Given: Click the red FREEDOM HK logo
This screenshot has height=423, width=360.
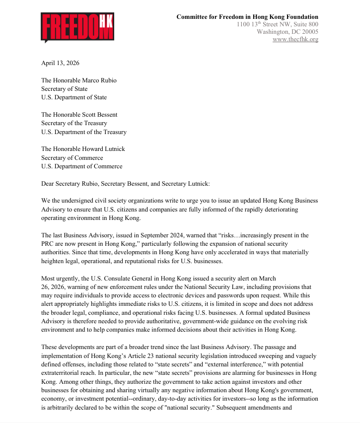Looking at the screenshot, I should pyautogui.click(x=77, y=28).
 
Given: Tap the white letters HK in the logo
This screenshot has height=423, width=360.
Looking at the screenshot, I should pyautogui.click(x=106, y=20).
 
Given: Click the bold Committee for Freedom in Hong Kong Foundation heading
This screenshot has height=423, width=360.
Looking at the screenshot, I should pyautogui.click(x=247, y=17).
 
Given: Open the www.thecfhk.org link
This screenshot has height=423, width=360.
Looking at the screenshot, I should pyautogui.click(x=295, y=39).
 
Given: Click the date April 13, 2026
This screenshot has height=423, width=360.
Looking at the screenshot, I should pyautogui.click(x=60, y=63).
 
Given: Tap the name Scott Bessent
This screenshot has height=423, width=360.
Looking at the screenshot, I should pyautogui.click(x=100, y=115).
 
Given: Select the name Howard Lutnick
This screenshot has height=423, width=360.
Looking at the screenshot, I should pyautogui.click(x=105, y=149).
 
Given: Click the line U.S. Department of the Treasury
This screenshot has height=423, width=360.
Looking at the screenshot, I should pyautogui.click(x=83, y=132).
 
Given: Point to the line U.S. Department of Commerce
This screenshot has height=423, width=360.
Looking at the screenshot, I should pyautogui.click(x=81, y=166).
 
